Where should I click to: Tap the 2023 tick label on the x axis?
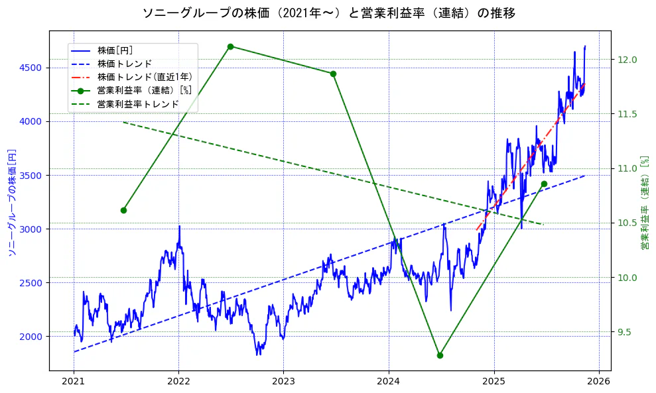(x=283, y=382)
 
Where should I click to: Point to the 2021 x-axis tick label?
(x=74, y=382)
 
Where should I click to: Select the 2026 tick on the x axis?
(x=599, y=382)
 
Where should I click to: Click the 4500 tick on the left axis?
(x=31, y=68)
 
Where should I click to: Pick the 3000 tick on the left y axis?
(x=31, y=229)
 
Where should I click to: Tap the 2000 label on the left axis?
(x=31, y=336)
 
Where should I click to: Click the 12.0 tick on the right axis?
(x=627, y=60)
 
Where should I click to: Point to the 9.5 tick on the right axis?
(x=627, y=332)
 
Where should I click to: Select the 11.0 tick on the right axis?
(x=627, y=168)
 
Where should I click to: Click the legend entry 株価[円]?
(x=115, y=50)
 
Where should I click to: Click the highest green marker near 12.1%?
(x=230, y=46)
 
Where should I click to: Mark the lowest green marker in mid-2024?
(x=440, y=355)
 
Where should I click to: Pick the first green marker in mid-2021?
(x=123, y=210)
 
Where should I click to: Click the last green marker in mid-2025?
(x=544, y=184)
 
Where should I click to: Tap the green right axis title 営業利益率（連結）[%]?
(x=644, y=203)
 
